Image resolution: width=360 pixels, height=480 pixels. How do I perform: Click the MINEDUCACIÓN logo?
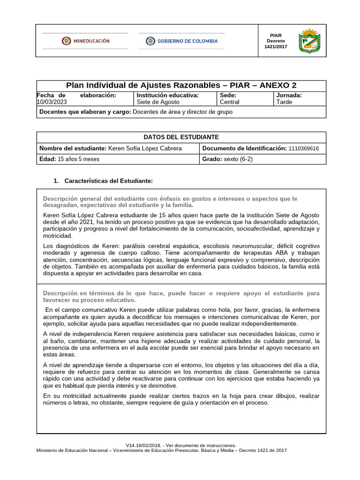[85, 41]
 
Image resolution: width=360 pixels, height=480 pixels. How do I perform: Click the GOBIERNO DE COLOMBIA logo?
[182, 41]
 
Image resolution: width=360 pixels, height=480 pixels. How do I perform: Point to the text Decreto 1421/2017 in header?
[276, 44]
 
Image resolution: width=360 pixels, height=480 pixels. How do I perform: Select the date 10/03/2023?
[52, 102]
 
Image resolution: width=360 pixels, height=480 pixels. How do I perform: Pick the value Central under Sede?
[229, 102]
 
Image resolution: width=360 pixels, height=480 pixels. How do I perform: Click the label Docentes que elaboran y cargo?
[85, 112]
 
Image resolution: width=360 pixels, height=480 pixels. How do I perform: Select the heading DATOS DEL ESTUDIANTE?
[181, 137]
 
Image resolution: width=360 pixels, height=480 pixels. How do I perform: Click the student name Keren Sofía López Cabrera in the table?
[145, 148]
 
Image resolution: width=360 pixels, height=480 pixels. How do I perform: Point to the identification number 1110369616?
[304, 148]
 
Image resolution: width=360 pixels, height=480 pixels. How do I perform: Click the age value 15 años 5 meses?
[78, 159]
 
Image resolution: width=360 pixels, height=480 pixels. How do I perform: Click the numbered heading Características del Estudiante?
[108, 181]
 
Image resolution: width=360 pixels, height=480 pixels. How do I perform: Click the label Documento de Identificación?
[244, 148]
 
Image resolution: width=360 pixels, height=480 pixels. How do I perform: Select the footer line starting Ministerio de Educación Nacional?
[161, 450]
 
